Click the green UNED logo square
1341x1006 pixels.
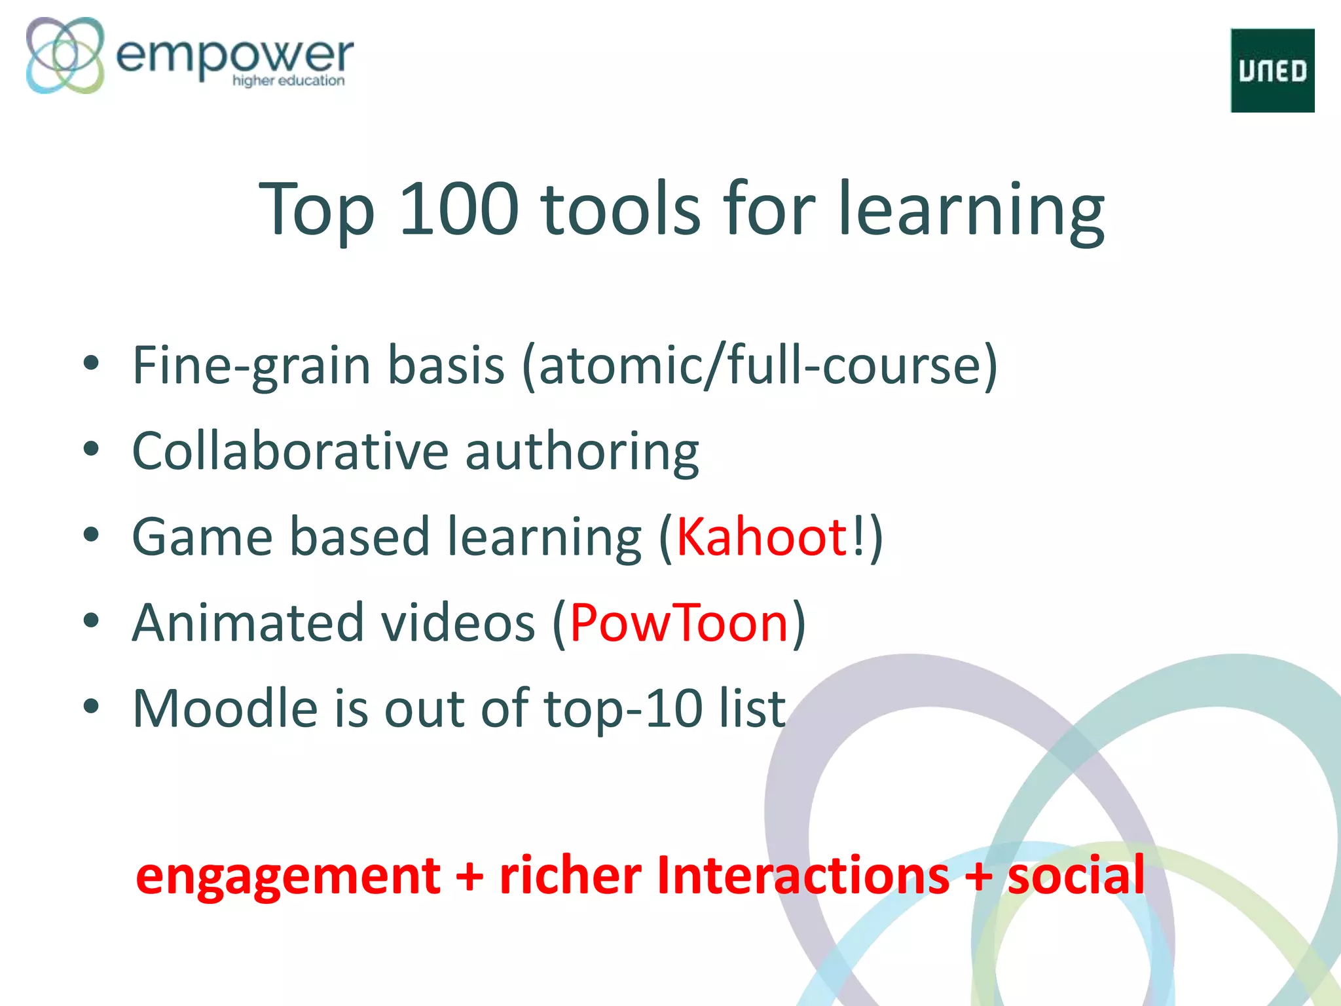pyautogui.click(x=1272, y=71)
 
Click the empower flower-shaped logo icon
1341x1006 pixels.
pyautogui.click(x=65, y=55)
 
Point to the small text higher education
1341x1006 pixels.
pyautogui.click(x=288, y=81)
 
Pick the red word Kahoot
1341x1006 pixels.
pyautogui.click(x=762, y=537)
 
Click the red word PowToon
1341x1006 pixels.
pyautogui.click(x=679, y=623)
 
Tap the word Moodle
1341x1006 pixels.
pyautogui.click(x=225, y=709)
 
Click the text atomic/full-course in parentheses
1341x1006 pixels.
pyautogui.click(x=760, y=365)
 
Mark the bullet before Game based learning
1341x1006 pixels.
pyautogui.click(x=91, y=536)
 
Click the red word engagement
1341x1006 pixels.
pyautogui.click(x=288, y=877)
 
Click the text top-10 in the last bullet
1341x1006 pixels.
pyautogui.click(x=623, y=710)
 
